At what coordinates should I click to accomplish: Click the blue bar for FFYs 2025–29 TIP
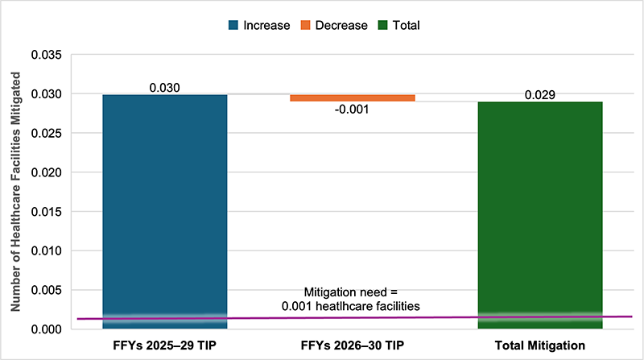click(x=164, y=209)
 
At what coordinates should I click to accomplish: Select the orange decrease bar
click(x=352, y=98)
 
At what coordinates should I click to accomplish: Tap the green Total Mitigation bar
click(x=539, y=213)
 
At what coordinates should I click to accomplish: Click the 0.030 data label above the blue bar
click(x=164, y=87)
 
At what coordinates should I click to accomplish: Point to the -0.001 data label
click(x=352, y=110)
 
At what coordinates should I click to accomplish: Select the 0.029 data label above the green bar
click(x=539, y=94)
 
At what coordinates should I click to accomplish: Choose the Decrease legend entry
click(x=334, y=25)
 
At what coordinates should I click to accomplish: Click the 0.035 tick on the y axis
click(x=46, y=56)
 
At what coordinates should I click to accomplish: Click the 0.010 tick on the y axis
click(x=46, y=250)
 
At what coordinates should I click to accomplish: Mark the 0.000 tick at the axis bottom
click(x=46, y=329)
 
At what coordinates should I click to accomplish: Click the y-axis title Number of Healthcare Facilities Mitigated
click(x=14, y=189)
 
